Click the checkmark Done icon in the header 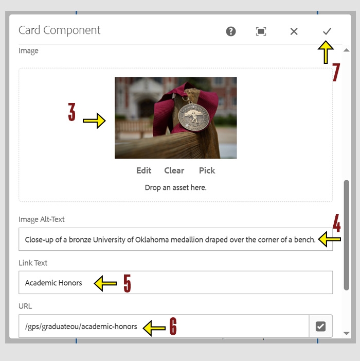tap(327, 31)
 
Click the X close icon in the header tap(294, 31)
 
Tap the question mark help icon tap(231, 31)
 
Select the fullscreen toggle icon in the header tap(261, 31)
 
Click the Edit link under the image tap(143, 170)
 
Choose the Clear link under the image tap(174, 170)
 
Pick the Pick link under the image tap(207, 170)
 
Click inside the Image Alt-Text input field tap(170, 239)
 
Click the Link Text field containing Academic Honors tap(175, 283)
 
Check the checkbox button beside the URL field tap(320, 326)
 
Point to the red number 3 tap(72, 113)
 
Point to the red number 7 tap(336, 73)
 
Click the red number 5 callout tap(127, 283)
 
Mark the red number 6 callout tap(173, 326)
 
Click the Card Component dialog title tap(60, 30)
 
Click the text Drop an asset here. tap(175, 188)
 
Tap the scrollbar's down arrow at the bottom tap(347, 333)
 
